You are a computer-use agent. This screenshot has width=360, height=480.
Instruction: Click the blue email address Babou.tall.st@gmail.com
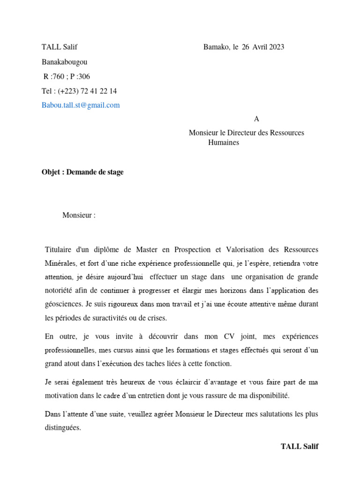click(81, 105)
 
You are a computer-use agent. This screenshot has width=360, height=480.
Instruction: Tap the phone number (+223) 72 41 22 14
click(88, 91)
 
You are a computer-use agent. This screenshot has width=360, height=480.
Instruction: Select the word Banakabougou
click(64, 62)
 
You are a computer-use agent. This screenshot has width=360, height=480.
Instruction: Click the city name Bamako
click(216, 47)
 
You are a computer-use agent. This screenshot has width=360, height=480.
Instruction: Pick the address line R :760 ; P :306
click(67, 76)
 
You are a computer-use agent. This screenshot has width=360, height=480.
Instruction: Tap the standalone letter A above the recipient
click(256, 119)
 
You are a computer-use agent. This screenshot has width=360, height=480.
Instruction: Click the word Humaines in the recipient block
click(224, 142)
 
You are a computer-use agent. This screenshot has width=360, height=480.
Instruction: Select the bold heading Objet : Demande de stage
click(82, 172)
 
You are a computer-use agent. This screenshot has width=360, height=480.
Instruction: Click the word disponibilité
click(267, 396)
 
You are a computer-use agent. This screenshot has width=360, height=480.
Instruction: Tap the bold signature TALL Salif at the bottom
click(300, 446)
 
